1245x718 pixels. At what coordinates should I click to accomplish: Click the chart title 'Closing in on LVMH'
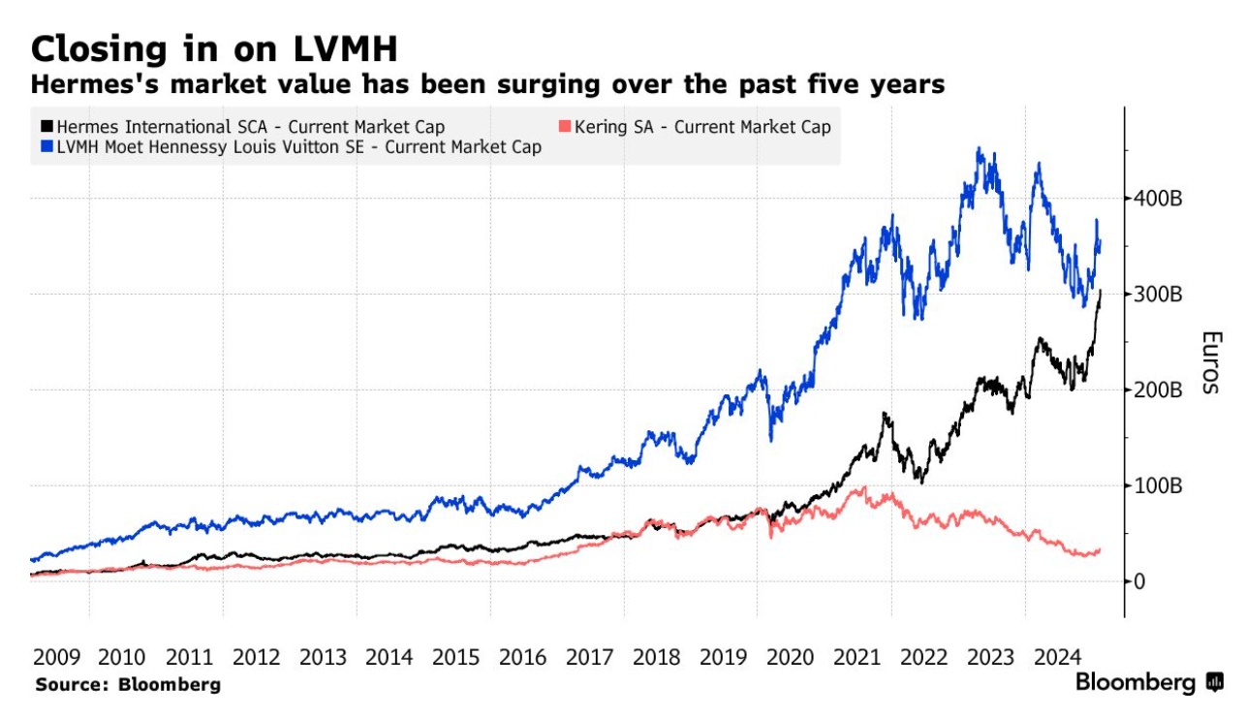coord(214,48)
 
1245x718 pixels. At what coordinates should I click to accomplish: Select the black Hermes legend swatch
coord(47,127)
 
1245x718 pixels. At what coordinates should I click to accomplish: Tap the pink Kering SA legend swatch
coord(564,127)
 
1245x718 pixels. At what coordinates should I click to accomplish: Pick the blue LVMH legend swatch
coord(47,147)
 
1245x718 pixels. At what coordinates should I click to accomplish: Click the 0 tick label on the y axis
coord(1140,581)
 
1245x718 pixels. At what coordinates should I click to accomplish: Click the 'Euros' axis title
coord(1210,362)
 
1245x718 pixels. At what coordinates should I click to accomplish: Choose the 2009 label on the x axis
coord(56,657)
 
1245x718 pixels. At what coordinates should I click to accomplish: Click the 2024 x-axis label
coord(1057,657)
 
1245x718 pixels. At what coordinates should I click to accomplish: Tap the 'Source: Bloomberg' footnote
coord(128,684)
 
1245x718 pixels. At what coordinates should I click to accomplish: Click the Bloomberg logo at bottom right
coord(1149,683)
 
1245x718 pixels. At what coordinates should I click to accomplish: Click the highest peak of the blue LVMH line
coord(980,148)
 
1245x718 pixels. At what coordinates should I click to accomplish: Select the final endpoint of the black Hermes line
coord(1101,291)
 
